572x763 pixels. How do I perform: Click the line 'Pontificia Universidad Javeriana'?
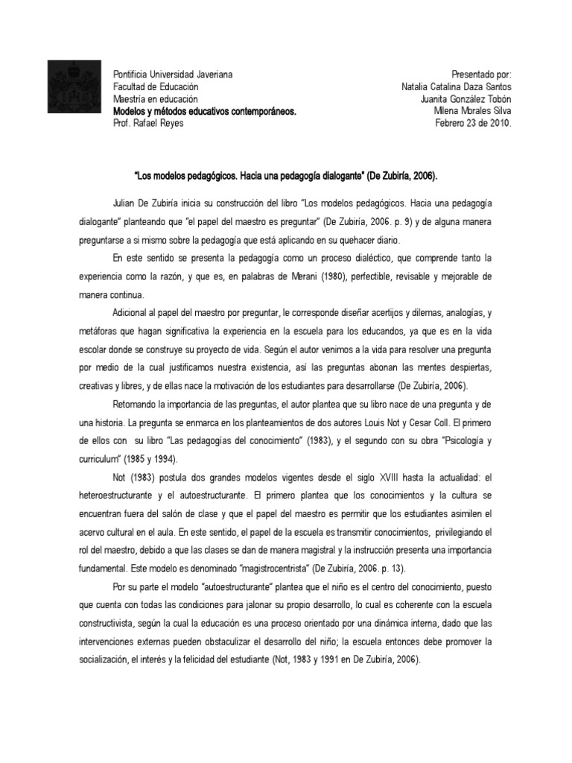pyautogui.click(x=172, y=75)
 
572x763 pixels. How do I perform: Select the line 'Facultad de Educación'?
pyautogui.click(x=155, y=86)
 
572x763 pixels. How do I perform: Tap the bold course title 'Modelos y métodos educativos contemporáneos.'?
pyautogui.click(x=204, y=111)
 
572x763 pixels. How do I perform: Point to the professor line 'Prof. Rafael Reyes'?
pyautogui.click(x=147, y=123)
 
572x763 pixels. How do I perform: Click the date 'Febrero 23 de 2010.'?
pyautogui.click(x=474, y=123)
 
